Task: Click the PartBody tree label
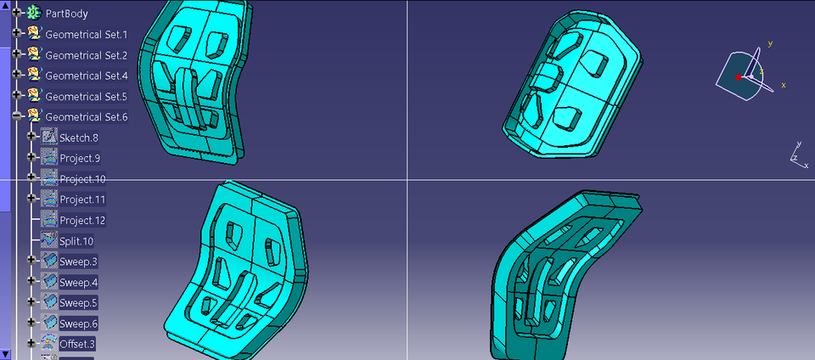pyautogui.click(x=66, y=14)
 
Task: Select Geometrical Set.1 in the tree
pyautogui.click(x=86, y=34)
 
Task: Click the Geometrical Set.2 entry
pyautogui.click(x=86, y=55)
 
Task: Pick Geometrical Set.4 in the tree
pyautogui.click(x=86, y=76)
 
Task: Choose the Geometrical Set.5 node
pyautogui.click(x=86, y=96)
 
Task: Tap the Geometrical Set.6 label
pyautogui.click(x=86, y=117)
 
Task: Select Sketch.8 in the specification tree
pyautogui.click(x=79, y=138)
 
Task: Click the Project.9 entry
pyautogui.click(x=80, y=158)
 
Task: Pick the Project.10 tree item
pyautogui.click(x=82, y=179)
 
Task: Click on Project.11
pyautogui.click(x=82, y=200)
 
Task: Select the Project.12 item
pyautogui.click(x=82, y=220)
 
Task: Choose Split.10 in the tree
pyautogui.click(x=76, y=241)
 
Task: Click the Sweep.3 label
pyautogui.click(x=78, y=262)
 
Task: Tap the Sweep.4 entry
pyautogui.click(x=78, y=282)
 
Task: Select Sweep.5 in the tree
pyautogui.click(x=78, y=302)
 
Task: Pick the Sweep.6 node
pyautogui.click(x=78, y=323)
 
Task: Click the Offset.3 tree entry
pyautogui.click(x=77, y=344)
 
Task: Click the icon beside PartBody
pyautogui.click(x=34, y=13)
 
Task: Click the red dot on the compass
pyautogui.click(x=739, y=77)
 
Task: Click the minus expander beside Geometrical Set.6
pyautogui.click(x=17, y=116)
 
